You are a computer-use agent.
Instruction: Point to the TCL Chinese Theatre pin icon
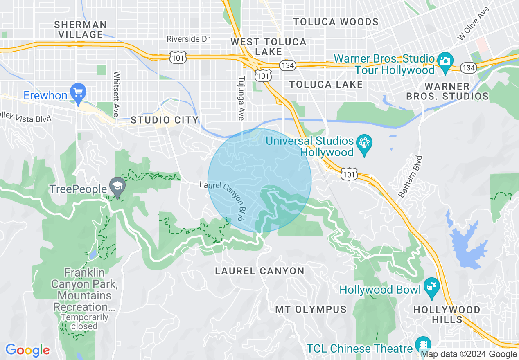422,344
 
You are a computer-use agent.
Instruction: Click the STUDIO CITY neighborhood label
165,120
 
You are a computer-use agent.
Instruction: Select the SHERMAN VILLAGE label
80,29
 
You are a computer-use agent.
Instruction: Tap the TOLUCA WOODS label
336,22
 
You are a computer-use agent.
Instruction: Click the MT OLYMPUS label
311,309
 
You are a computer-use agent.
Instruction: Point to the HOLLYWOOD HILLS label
447,314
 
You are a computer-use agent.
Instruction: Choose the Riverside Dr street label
188,39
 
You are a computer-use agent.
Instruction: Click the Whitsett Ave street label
117,94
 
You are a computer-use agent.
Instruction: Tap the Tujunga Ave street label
241,98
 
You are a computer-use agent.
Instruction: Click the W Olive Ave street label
474,23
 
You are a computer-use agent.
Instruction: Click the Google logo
27,350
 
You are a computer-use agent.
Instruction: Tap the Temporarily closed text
84,322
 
